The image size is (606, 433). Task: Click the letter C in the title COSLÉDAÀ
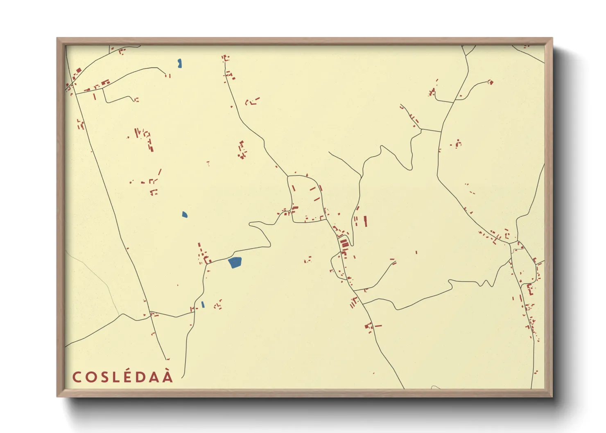[76, 377]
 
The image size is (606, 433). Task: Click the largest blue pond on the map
[235, 262]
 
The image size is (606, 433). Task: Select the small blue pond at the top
[180, 63]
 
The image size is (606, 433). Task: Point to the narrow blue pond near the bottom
[203, 304]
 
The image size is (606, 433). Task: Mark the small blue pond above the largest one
[185, 214]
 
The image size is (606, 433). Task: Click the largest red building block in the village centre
[344, 244]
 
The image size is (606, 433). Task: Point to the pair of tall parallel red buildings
[360, 221]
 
